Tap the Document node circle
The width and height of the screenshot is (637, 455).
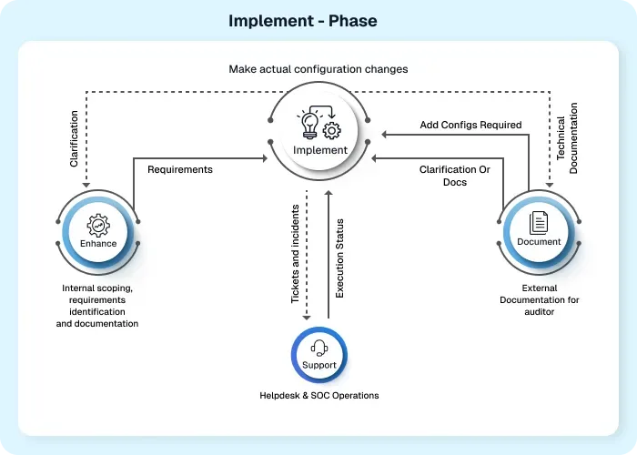pos(539,230)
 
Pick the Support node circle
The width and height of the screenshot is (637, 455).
pos(319,354)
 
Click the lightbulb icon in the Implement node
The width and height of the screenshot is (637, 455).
pos(310,122)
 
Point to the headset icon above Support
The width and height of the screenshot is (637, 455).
pos(319,346)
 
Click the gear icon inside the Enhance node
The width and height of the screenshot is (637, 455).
pos(98,223)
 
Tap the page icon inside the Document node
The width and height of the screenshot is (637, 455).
pos(539,221)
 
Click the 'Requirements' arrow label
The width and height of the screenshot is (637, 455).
pos(180,169)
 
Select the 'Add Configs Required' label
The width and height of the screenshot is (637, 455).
pos(470,125)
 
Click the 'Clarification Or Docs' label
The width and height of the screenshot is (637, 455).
pos(448,176)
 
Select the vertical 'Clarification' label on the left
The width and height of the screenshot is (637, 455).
pos(74,138)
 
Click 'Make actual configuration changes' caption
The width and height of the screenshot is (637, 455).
pos(319,69)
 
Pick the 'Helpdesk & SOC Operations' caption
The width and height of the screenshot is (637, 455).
pos(319,396)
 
